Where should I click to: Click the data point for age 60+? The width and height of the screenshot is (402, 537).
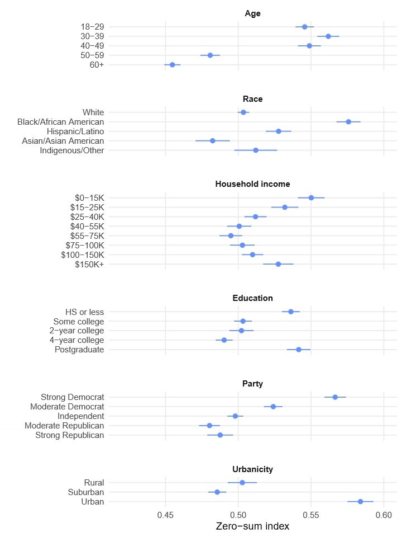point(173,65)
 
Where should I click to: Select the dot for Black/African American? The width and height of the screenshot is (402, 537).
point(348,121)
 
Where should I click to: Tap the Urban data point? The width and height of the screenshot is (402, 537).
point(360,501)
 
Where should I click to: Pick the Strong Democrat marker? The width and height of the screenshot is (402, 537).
point(335,397)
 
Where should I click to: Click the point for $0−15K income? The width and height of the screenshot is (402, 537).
point(312,197)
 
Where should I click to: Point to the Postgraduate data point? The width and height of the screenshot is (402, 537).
point(299,350)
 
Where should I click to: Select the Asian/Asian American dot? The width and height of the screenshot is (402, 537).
point(213,140)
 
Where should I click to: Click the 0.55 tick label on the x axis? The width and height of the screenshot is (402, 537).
point(311,514)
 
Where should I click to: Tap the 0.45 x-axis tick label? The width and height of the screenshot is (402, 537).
point(165,514)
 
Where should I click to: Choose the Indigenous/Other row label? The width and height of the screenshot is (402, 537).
point(72,150)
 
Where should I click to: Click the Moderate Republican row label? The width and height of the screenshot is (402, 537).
point(64,426)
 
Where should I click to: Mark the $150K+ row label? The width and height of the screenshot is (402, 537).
point(89,264)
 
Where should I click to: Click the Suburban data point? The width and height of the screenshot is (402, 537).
point(217,492)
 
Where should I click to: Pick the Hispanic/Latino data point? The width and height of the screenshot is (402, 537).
point(279,131)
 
